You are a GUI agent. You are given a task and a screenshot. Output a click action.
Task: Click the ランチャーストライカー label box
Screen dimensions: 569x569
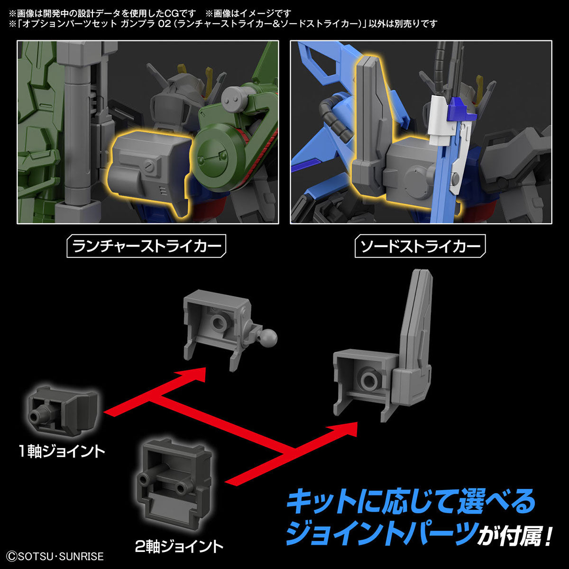coord(146,247)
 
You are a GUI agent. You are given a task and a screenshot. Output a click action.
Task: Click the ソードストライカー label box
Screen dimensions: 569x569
coord(420,247)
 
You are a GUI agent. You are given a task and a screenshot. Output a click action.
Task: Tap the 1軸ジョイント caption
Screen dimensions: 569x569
coord(62,451)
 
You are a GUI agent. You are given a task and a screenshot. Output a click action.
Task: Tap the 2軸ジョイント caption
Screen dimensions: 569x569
coord(179,546)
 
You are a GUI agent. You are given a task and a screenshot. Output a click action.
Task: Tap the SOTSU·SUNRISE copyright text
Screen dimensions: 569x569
coord(53,556)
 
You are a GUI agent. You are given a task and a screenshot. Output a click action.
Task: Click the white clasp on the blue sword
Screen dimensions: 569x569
coord(439,119)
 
